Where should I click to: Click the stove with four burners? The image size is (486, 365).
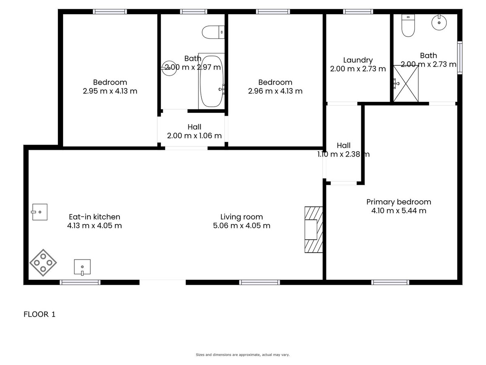tap(43, 263)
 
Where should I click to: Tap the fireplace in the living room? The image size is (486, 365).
tap(313, 230)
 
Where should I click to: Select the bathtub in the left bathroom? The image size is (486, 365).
tap(211, 81)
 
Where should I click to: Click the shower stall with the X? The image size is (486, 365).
tap(406, 84)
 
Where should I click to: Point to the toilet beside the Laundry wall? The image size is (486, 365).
tap(408, 26)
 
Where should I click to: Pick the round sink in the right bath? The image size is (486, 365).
tap(439, 22)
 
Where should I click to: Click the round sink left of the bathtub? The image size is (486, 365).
tap(169, 68)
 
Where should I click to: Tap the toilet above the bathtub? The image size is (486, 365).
tap(213, 32)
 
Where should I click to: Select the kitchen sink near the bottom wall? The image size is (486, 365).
tap(82, 267)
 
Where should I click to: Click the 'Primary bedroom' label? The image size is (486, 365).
tap(399, 202)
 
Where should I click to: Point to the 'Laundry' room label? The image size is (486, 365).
tap(358, 60)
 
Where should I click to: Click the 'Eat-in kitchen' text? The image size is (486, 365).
tap(94, 217)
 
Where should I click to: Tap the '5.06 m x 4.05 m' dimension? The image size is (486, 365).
tap(241, 225)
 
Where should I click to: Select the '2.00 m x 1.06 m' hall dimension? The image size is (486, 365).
tap(194, 135)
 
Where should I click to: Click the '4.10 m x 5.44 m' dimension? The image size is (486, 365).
tap(399, 210)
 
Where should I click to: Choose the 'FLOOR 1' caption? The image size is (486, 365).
tap(39, 314)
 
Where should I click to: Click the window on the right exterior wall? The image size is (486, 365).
tap(460, 58)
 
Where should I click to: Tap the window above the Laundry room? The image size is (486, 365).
tap(358, 11)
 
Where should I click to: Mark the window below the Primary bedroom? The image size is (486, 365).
tap(390, 282)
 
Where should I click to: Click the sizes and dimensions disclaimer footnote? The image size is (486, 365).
tap(243, 355)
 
